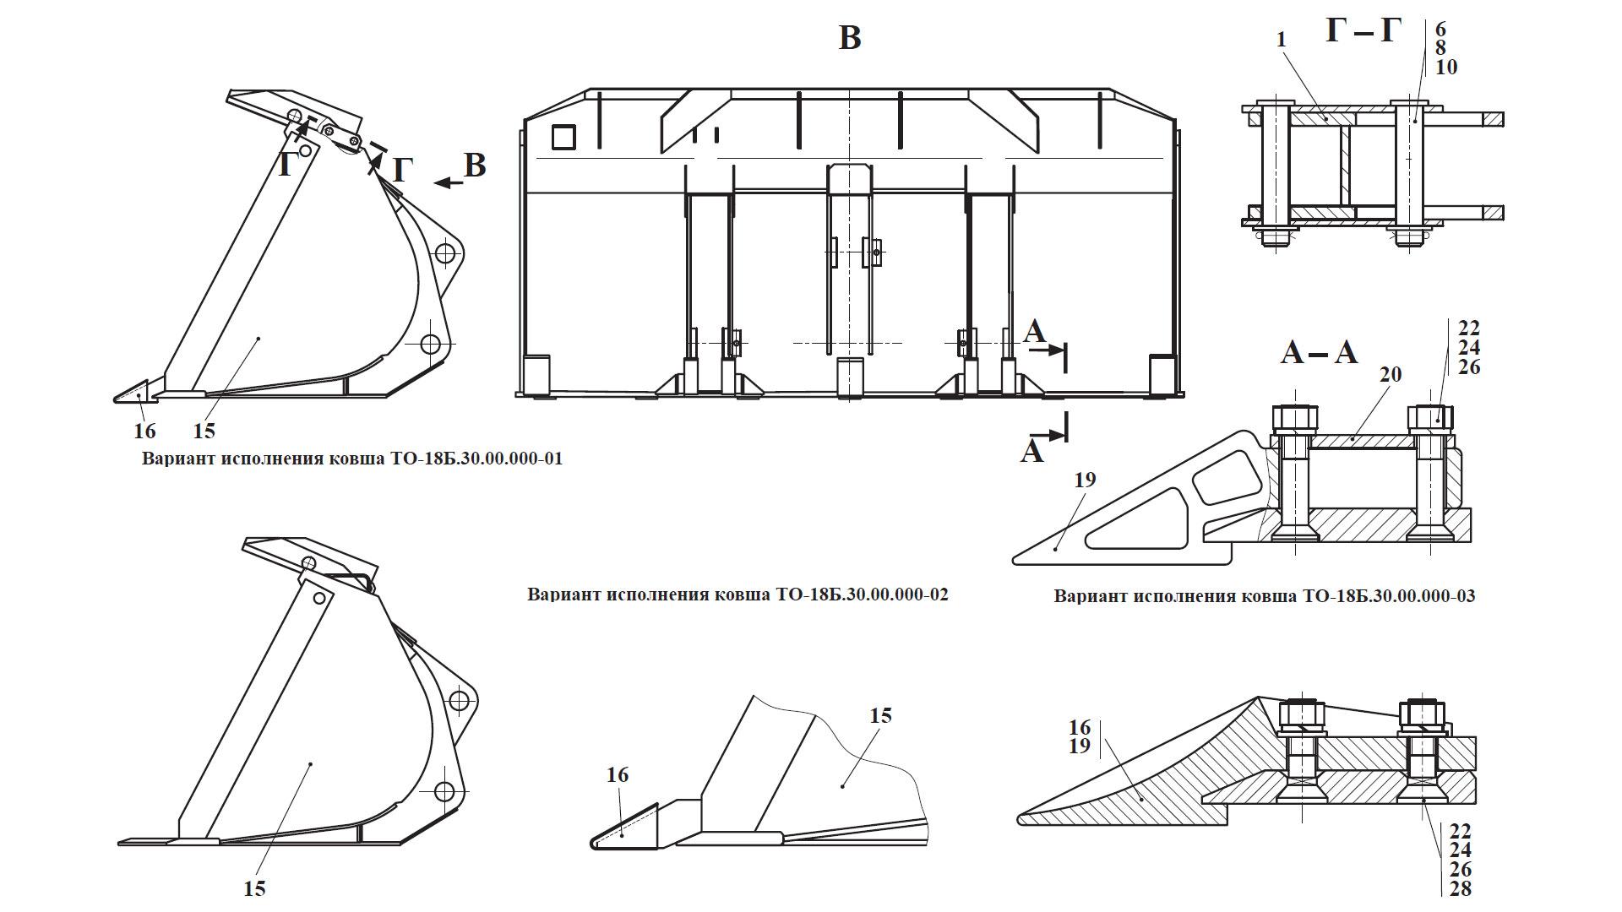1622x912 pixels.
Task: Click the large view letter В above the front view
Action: click(x=850, y=37)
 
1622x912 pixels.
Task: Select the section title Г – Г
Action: click(x=1363, y=30)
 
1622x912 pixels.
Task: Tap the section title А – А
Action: click(x=1319, y=351)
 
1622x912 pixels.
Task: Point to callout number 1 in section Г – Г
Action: click(x=1282, y=40)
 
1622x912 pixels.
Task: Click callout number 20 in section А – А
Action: click(x=1391, y=374)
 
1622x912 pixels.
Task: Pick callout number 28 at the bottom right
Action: click(x=1461, y=889)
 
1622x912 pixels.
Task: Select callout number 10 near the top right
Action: click(x=1446, y=67)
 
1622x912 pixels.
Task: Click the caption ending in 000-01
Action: click(x=352, y=459)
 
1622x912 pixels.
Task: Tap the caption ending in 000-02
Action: click(x=738, y=594)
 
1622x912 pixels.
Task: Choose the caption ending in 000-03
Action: click(x=1265, y=596)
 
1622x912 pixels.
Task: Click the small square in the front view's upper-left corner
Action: click(x=563, y=136)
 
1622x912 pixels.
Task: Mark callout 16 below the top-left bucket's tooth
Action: click(x=144, y=432)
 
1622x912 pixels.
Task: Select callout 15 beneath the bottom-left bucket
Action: click(x=254, y=888)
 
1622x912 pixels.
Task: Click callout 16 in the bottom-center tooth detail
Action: click(x=618, y=774)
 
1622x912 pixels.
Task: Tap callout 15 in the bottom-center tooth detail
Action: click(x=880, y=715)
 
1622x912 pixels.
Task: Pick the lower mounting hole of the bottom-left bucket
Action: click(x=444, y=792)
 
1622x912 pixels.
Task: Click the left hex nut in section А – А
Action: click(x=1294, y=417)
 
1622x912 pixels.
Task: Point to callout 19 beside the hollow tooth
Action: click(x=1085, y=480)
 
